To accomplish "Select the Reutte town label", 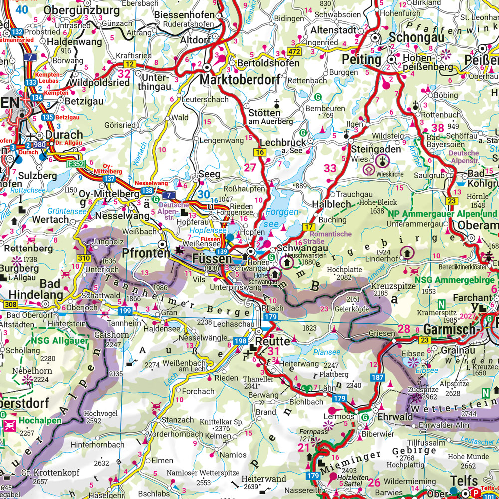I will point(273,342).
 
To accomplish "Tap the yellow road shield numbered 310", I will point(84,258).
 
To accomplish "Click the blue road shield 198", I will point(240,341).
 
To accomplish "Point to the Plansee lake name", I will point(327,352).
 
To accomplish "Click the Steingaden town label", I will point(375,149).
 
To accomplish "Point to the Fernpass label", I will point(312,431).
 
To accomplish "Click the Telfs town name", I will point(468,480).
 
